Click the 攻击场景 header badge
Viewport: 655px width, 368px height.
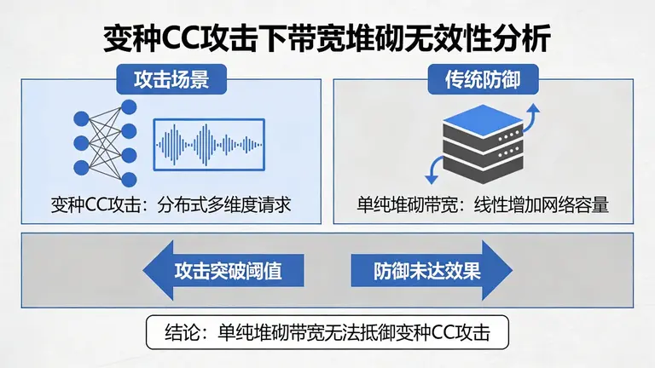[171, 81]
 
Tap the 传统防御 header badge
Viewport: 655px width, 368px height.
[482, 81]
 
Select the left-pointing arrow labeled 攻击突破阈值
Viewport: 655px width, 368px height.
[213, 271]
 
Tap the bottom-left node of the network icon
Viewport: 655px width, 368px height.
[82, 166]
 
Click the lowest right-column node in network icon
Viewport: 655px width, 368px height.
[129, 179]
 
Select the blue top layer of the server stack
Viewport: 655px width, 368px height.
[482, 119]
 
